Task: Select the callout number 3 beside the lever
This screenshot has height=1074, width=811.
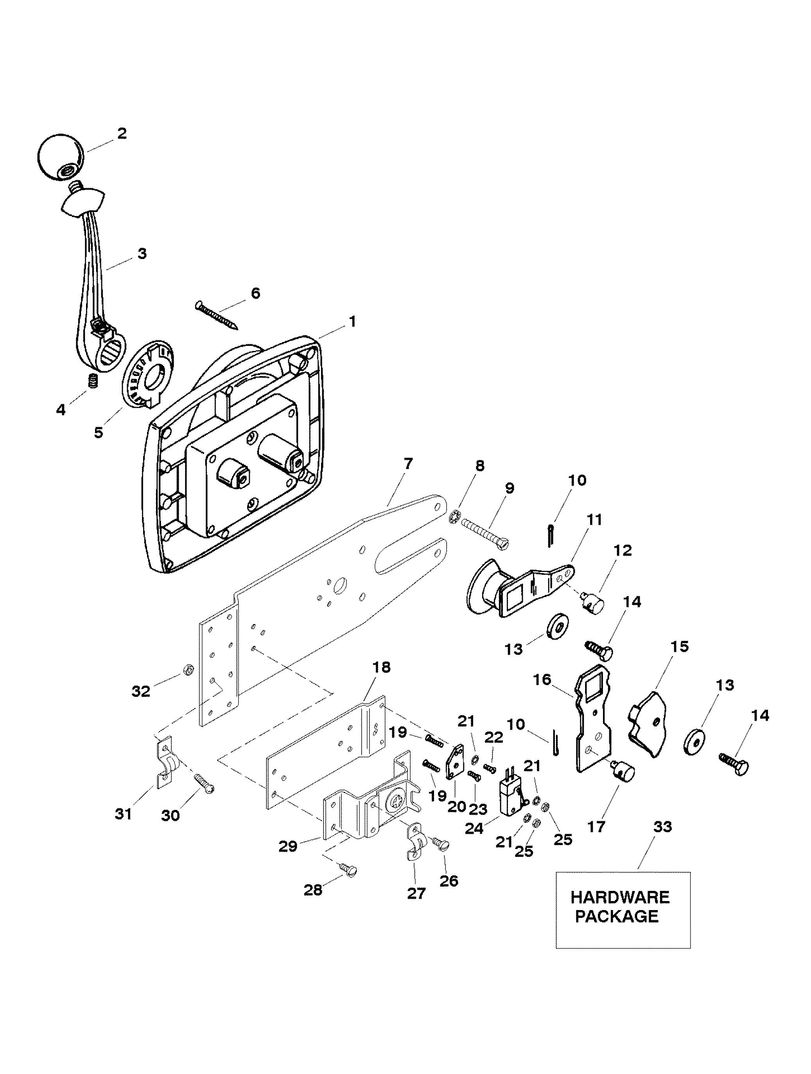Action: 142,254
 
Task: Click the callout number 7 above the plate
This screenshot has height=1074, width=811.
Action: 408,464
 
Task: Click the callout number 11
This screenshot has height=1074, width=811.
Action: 594,520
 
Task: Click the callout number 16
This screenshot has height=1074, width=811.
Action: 542,679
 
